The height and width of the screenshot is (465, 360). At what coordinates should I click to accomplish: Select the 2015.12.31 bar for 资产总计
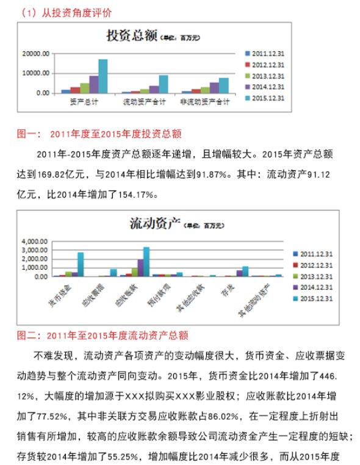(103, 76)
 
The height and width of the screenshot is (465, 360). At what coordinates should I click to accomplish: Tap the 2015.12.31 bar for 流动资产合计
(164, 84)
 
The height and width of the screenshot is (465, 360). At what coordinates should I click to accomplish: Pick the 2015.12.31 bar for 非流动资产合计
(224, 85)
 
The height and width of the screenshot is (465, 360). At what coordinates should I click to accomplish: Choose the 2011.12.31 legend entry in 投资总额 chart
(269, 53)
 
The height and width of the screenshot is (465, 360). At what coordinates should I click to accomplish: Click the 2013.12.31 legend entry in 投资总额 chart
(269, 76)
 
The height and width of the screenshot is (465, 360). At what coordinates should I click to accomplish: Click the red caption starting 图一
(98, 132)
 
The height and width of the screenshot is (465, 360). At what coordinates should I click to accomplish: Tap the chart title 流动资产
(153, 223)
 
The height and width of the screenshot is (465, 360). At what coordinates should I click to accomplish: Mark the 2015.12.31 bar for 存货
(245, 272)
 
